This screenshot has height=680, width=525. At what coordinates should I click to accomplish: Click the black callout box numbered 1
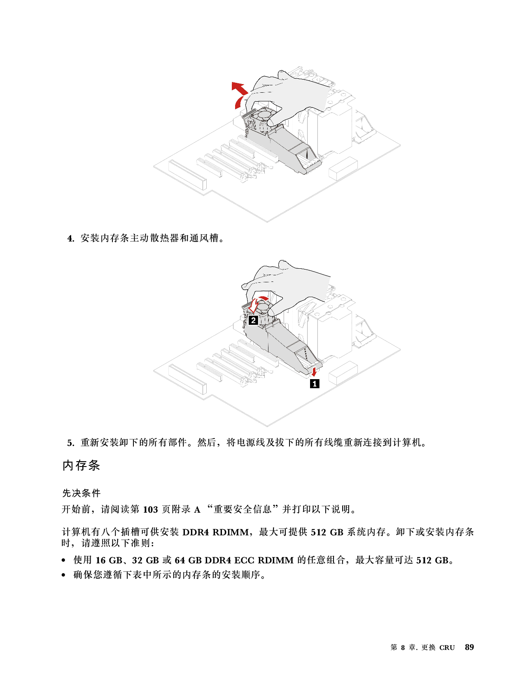click(315, 383)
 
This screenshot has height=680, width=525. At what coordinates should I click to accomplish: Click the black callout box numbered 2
click(253, 321)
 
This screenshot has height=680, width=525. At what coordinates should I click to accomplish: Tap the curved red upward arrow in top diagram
click(240, 95)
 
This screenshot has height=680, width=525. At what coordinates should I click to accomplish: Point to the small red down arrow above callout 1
click(315, 372)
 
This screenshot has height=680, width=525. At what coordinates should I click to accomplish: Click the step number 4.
click(71, 239)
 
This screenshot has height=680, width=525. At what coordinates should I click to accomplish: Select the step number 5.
click(71, 443)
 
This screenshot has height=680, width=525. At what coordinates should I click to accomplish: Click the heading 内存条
click(81, 465)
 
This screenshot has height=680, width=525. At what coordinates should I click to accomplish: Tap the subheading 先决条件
click(81, 493)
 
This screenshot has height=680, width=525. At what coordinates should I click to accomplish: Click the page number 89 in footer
click(469, 647)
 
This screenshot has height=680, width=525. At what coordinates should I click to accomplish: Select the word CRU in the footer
click(447, 648)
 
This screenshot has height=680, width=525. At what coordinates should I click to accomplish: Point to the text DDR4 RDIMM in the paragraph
click(215, 532)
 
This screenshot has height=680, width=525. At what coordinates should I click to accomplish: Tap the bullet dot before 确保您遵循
click(64, 575)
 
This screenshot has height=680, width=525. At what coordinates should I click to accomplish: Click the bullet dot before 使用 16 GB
click(64, 560)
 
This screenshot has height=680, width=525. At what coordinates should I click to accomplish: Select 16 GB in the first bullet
click(109, 560)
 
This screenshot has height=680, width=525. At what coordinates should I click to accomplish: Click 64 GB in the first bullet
click(188, 560)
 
